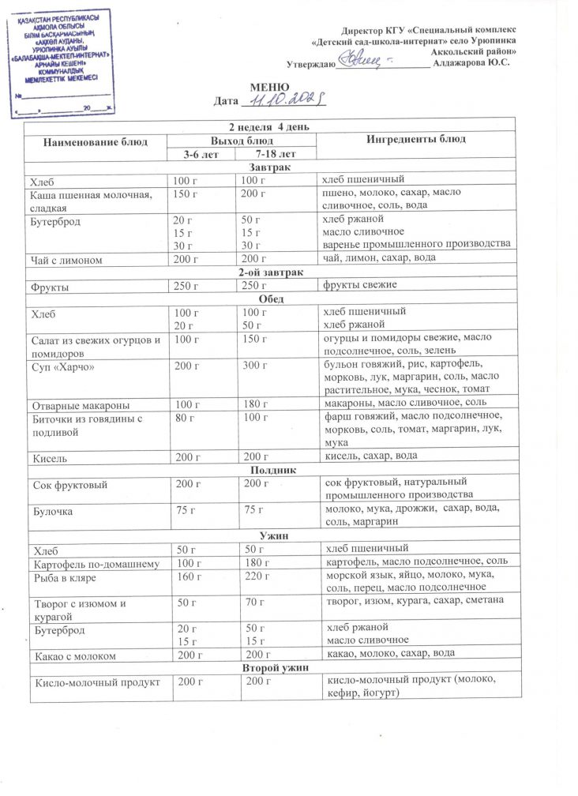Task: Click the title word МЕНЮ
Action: pos(264,86)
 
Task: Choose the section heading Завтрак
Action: pos(268,167)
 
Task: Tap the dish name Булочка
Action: pos(52,511)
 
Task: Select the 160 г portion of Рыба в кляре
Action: pos(186,579)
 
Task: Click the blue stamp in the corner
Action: pos(65,58)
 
